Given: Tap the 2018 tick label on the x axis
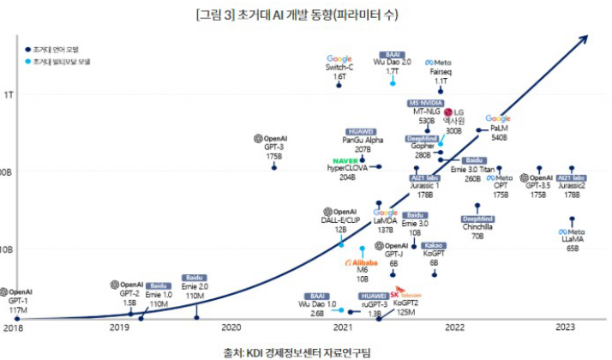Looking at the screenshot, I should point(12,327).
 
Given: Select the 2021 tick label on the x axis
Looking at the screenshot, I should point(343,327).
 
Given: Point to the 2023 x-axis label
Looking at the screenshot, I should point(565,327).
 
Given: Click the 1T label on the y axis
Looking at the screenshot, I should point(7,93).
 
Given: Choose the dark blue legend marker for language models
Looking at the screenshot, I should point(27,49).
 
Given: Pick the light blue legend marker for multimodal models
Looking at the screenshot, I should point(27,62).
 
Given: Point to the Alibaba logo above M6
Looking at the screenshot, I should point(361,262).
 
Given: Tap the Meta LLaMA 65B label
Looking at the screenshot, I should point(573,243).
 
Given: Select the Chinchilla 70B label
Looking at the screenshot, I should point(477,231).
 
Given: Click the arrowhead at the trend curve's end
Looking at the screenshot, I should point(587,39).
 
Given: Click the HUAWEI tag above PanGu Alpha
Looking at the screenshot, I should point(361,131).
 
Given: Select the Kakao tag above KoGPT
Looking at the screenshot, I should point(434,245).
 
